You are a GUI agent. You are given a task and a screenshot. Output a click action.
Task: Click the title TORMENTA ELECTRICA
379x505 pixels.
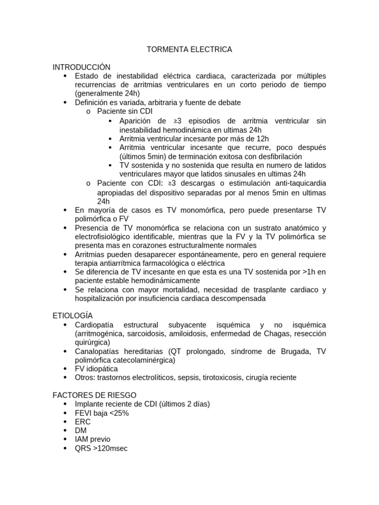click(x=189, y=50)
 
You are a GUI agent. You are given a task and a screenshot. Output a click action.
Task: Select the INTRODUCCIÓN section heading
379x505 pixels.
click(x=81, y=67)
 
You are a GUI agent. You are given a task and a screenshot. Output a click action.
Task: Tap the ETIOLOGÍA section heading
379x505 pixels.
click(x=73, y=316)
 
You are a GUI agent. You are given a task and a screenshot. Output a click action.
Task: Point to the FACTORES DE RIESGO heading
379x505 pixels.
click(x=94, y=395)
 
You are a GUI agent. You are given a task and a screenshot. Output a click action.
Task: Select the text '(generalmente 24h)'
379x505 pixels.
click(x=107, y=94)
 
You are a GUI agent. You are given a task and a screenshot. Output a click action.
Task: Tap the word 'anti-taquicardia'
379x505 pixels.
click(x=299, y=183)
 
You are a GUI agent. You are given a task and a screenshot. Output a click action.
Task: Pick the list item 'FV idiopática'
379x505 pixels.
click(x=96, y=369)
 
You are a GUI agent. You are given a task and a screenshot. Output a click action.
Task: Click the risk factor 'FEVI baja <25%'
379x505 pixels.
click(x=102, y=413)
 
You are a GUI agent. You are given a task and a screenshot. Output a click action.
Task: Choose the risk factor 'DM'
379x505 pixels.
click(x=80, y=431)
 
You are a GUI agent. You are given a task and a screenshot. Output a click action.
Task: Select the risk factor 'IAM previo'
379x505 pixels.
click(x=93, y=439)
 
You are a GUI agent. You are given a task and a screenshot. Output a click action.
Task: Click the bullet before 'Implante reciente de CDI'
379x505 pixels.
click(x=65, y=404)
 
